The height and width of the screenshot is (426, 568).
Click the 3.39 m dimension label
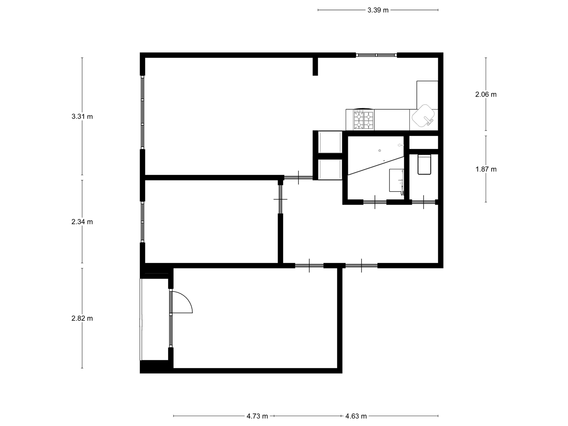[x=378, y=10]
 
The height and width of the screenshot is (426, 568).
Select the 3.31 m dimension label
[x=82, y=116]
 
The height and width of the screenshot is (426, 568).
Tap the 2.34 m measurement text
[x=82, y=222]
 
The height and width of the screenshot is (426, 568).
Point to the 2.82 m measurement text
[x=82, y=318]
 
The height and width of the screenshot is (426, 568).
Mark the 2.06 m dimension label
[x=486, y=95]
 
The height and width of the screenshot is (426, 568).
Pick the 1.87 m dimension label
[x=486, y=170]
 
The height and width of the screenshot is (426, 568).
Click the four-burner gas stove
[x=364, y=120]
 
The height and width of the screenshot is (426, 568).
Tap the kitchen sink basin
[x=423, y=116]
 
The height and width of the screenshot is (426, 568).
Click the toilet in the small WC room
[x=424, y=164]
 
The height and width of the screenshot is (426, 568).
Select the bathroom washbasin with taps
[x=396, y=180]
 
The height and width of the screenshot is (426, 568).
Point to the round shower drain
[x=380, y=150]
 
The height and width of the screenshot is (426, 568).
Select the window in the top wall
[x=377, y=55]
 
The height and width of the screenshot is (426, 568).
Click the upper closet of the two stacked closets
[x=330, y=142]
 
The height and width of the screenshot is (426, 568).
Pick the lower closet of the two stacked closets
[x=330, y=170]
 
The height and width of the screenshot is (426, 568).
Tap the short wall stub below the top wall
[x=315, y=67]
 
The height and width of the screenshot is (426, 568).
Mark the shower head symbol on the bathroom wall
[x=400, y=145]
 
